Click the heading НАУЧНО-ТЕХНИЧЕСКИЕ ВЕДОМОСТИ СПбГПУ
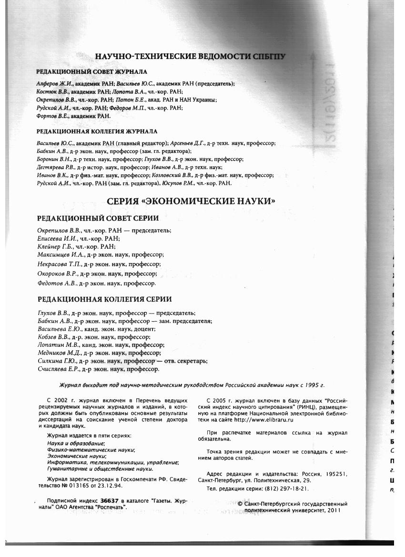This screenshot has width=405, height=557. (190, 57)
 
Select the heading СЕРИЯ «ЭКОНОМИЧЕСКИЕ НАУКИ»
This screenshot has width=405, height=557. (191, 202)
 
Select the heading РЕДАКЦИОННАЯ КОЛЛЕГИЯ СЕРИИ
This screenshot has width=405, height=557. (104, 299)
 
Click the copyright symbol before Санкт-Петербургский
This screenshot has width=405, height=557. (240, 504)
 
